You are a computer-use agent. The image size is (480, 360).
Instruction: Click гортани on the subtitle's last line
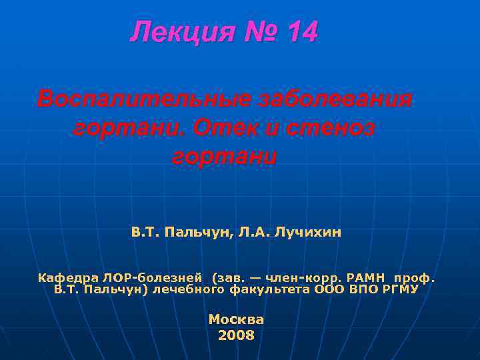pos(224,156)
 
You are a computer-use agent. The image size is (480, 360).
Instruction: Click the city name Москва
pos(236,319)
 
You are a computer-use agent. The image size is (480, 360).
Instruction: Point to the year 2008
pos(236,335)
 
